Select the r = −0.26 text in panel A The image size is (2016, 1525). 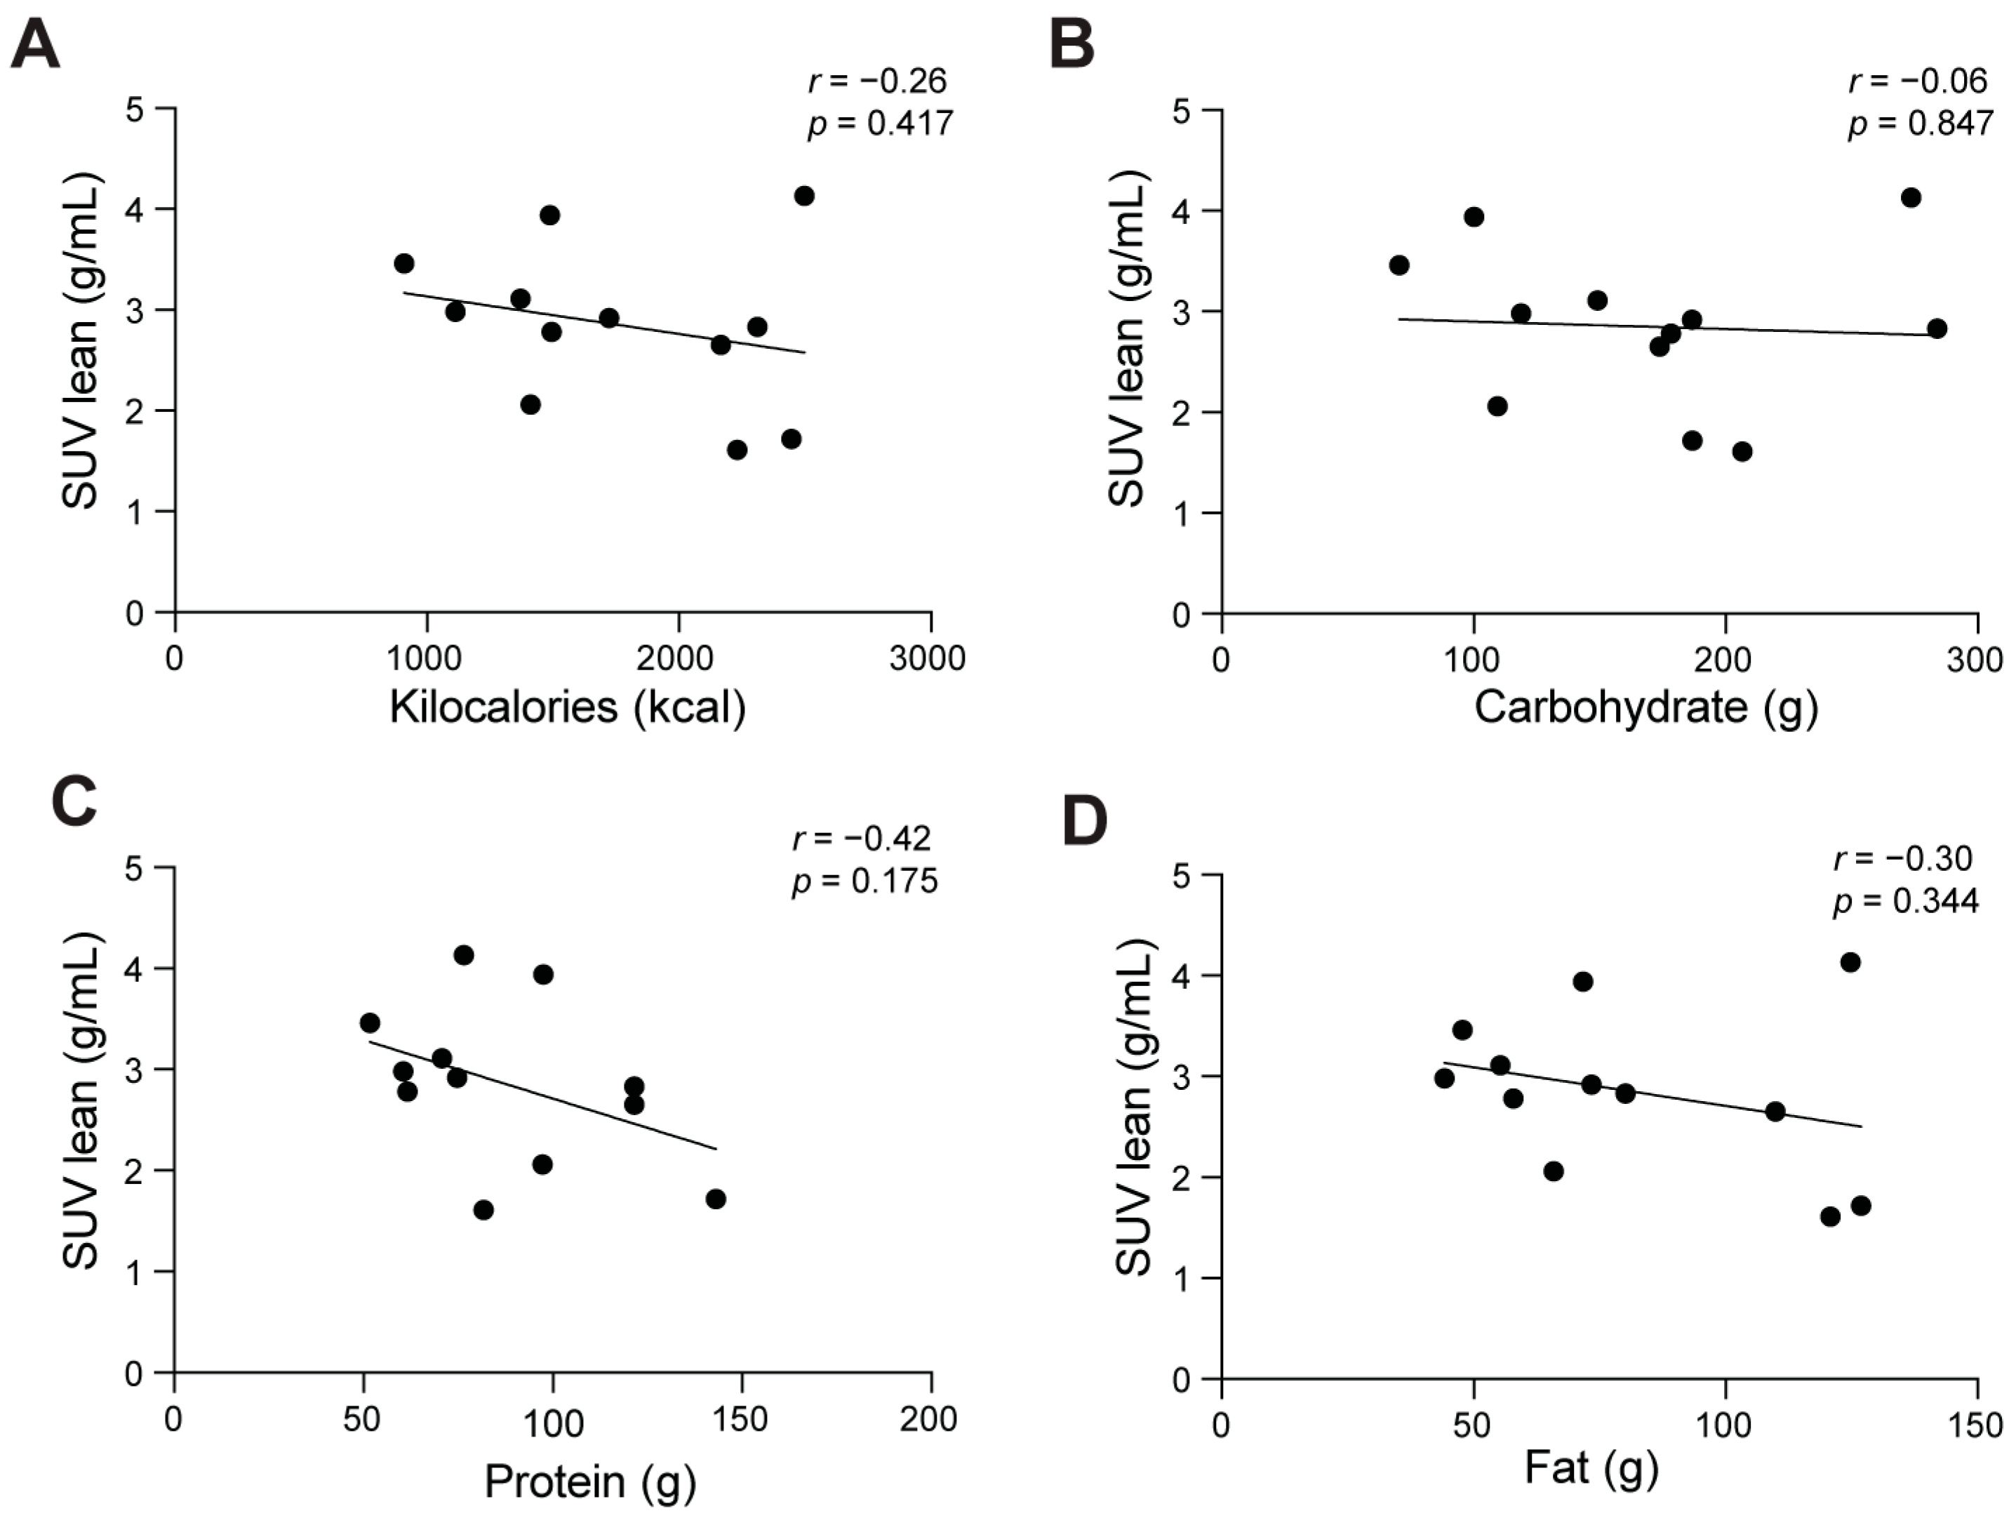pos(878,81)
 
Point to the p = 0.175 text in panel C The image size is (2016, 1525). pos(864,881)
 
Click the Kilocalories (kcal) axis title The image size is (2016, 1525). pos(568,707)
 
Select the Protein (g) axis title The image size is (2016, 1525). pos(589,1481)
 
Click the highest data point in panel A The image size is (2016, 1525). pos(804,196)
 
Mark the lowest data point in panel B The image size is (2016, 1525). pos(1742,451)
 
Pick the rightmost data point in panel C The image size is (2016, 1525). pos(716,1199)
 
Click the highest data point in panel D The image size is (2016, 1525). pos(1850,961)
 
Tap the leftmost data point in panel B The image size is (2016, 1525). pos(1399,265)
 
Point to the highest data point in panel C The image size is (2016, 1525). pos(463,954)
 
